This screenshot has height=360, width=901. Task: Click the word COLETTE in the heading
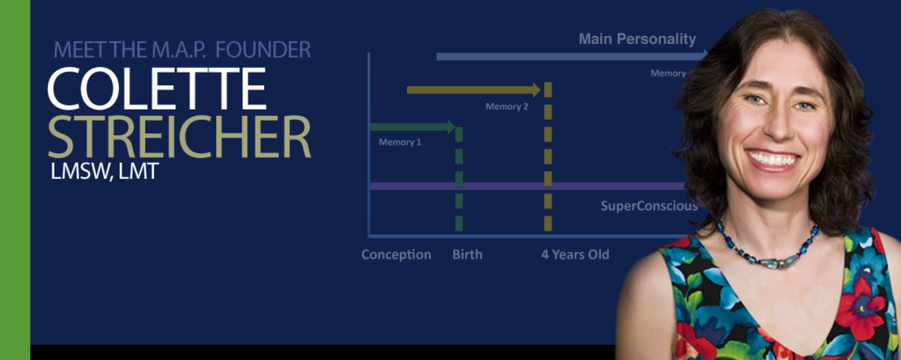(156, 89)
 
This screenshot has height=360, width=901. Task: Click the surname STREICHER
(179, 136)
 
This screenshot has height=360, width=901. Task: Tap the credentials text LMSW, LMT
(105, 171)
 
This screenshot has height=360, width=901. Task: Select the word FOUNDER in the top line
(263, 50)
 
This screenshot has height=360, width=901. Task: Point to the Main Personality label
(637, 39)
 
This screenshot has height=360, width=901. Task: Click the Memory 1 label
(399, 142)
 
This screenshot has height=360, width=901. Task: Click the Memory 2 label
(506, 107)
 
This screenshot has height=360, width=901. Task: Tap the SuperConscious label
(649, 206)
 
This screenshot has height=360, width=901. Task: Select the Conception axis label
(396, 255)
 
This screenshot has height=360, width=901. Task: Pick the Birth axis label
(467, 255)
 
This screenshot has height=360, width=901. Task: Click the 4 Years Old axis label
(575, 255)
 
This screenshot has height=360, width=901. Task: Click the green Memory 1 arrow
(411, 127)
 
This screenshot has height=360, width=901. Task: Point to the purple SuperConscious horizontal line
(519, 186)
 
